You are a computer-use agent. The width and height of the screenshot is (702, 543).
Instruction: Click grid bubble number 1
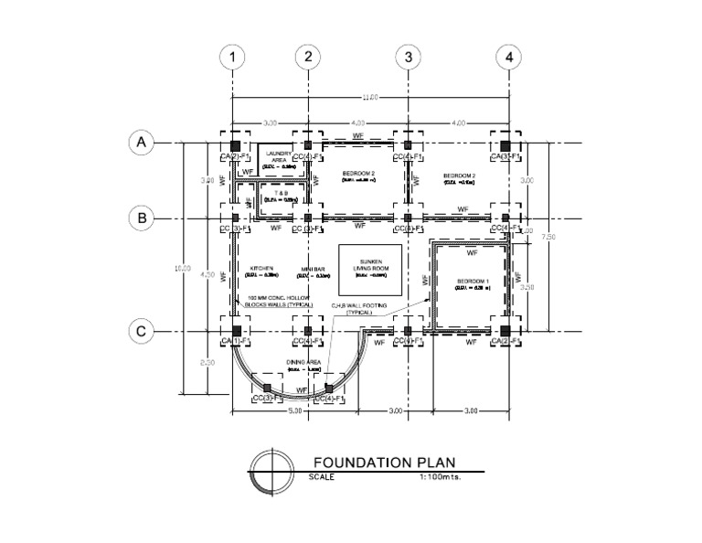coord(234,57)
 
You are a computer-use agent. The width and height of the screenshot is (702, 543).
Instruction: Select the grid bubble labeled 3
coord(408,57)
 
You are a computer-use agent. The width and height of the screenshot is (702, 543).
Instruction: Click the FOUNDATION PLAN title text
coord(384,463)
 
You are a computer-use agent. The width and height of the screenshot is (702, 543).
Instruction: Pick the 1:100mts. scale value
coord(441,477)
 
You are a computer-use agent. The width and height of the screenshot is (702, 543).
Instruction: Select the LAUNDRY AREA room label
coord(280,156)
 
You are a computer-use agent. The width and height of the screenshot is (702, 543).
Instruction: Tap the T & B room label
coord(277,193)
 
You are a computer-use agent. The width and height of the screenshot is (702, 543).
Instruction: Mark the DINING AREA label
coord(303,364)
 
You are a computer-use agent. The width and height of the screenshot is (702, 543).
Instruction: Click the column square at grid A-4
coord(504,144)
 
